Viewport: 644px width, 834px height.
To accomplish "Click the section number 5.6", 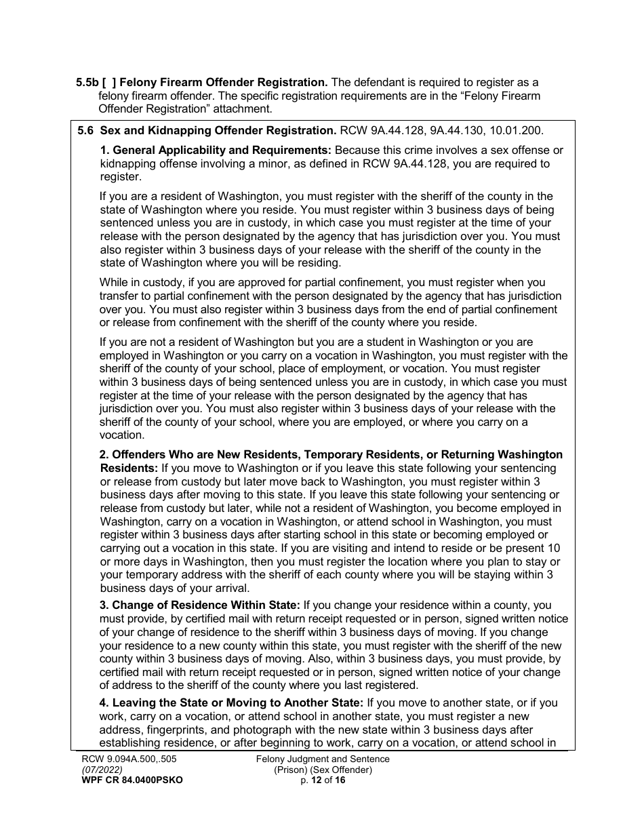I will pos(86,131).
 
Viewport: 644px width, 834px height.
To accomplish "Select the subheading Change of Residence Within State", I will pos(200,605).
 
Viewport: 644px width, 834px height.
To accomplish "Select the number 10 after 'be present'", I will pos(553,548).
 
